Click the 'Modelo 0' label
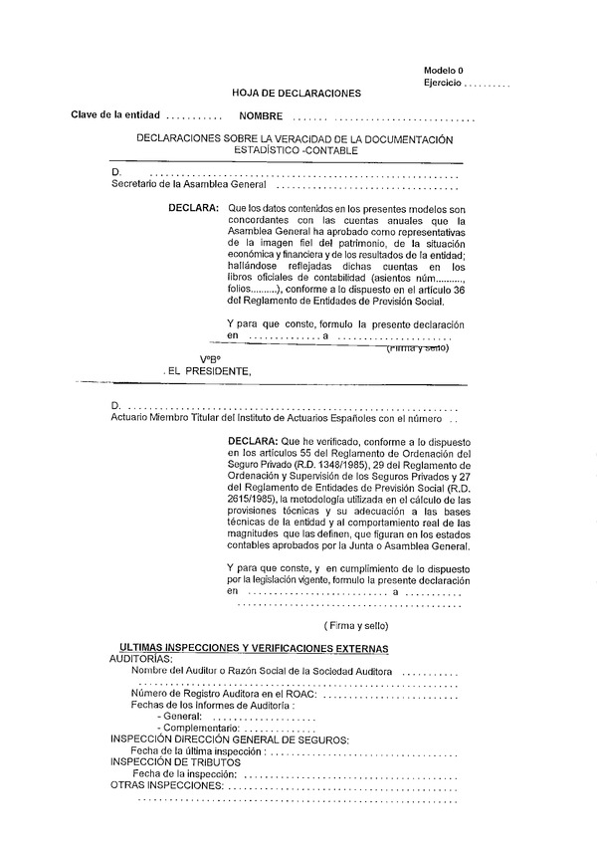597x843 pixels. (x=443, y=71)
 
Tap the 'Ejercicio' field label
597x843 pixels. (x=442, y=83)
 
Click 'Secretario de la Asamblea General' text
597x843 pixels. (x=189, y=184)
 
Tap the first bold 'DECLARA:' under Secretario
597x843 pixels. (x=195, y=208)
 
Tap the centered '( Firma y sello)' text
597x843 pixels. (x=356, y=625)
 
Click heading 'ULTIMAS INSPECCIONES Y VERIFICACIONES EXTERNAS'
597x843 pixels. (x=254, y=649)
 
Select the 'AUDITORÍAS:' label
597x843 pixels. (x=140, y=660)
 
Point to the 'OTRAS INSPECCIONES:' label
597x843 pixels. (x=165, y=785)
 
